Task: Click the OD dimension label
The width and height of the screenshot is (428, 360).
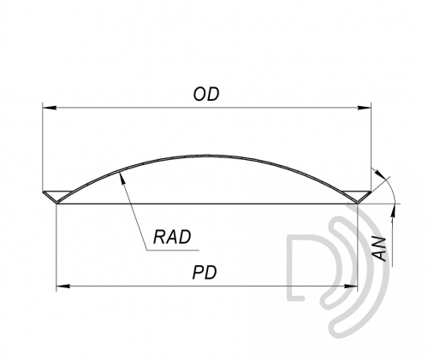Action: (x=206, y=94)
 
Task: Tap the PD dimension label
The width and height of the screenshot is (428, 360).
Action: (x=205, y=273)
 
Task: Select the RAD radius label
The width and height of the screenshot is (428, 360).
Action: (x=172, y=237)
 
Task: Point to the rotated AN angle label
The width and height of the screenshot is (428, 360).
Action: (x=380, y=248)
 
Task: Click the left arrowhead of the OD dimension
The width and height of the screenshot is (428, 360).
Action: (x=49, y=108)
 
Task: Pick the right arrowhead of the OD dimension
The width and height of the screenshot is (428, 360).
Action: (x=365, y=108)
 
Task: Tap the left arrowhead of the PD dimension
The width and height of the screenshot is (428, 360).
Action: (x=63, y=286)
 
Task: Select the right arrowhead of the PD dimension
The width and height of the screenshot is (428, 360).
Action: (x=351, y=286)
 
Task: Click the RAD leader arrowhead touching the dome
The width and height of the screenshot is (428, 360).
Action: (x=122, y=178)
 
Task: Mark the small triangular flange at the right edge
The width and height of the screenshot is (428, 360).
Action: (x=357, y=196)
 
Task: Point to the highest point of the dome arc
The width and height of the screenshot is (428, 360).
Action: (x=207, y=156)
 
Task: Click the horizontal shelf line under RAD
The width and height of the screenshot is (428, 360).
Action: (x=173, y=251)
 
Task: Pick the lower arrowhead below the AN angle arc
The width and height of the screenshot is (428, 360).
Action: (x=394, y=210)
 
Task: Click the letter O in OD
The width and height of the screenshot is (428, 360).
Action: (x=199, y=94)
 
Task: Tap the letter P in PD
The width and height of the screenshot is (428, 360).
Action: (x=199, y=273)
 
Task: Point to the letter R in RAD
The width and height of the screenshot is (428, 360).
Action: (x=159, y=237)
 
